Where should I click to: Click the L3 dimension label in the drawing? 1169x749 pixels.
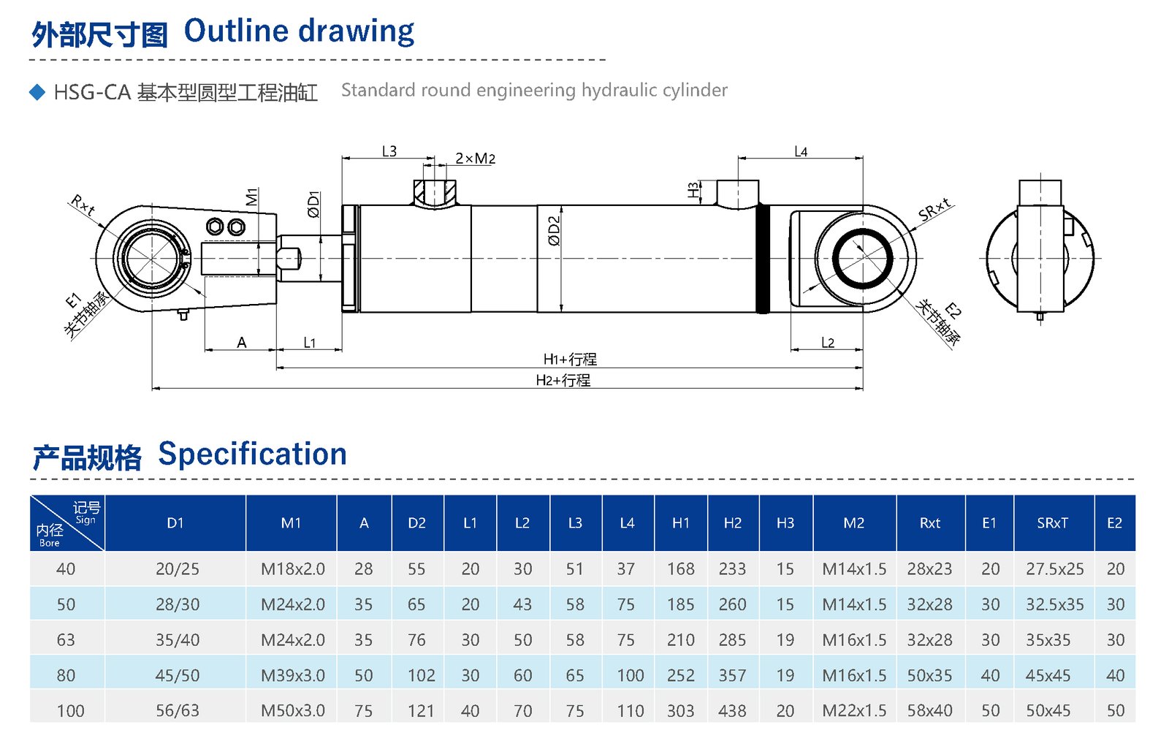click(x=389, y=151)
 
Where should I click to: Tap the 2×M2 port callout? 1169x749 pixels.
click(x=475, y=159)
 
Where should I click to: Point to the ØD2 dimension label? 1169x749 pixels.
click(x=554, y=230)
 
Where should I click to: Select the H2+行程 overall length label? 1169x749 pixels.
click(x=563, y=380)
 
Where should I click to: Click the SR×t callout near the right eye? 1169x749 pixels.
click(x=934, y=209)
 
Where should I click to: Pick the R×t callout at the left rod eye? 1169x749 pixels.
click(x=83, y=205)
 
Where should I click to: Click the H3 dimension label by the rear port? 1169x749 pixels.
click(x=693, y=190)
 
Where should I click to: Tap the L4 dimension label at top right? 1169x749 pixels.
click(x=801, y=152)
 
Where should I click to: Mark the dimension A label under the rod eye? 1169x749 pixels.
click(x=242, y=342)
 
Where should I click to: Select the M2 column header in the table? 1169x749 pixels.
click(x=853, y=523)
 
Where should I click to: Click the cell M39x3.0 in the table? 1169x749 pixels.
click(x=292, y=675)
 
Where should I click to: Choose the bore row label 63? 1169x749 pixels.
click(x=66, y=640)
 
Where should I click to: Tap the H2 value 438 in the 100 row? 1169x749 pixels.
click(x=732, y=711)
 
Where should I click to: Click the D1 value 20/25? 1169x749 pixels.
click(x=177, y=569)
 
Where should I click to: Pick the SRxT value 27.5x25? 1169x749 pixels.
click(x=1054, y=569)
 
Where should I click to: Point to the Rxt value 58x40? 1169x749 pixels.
click(x=929, y=711)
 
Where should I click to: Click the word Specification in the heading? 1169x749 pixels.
click(x=252, y=454)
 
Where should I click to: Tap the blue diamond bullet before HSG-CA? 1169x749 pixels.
click(x=37, y=92)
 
